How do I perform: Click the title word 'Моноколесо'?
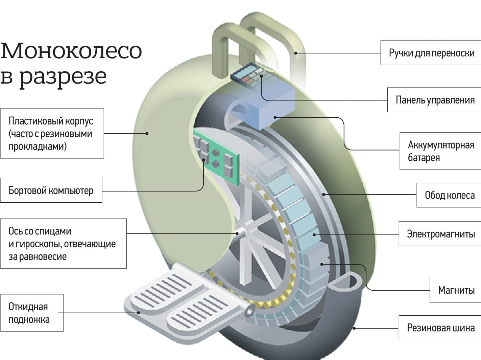point(71,50)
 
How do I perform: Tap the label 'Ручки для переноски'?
point(431,53)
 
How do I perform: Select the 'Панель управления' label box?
point(435,100)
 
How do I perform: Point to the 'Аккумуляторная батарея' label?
point(440,151)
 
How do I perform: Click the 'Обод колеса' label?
point(449,195)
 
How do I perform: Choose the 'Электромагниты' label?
point(440,234)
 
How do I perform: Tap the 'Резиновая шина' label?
point(440,328)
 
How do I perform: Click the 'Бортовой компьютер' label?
point(51,190)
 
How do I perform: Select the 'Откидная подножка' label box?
point(31,313)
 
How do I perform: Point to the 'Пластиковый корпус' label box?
point(52,133)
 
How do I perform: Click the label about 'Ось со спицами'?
point(63,244)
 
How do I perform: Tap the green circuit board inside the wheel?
point(216,157)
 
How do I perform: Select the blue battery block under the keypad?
point(274,108)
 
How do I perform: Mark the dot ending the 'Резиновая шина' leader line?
point(354,328)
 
